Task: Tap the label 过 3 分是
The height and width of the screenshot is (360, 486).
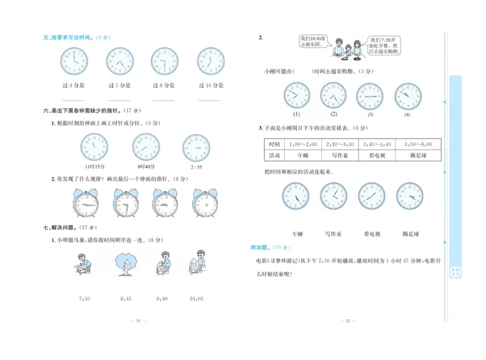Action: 74,85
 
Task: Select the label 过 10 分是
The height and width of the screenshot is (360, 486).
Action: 210,85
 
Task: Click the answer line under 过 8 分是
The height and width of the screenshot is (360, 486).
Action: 163,100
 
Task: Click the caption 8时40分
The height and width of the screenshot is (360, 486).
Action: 146,167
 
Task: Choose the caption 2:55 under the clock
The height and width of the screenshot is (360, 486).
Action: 196,167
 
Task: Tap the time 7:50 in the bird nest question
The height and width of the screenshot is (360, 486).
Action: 84,299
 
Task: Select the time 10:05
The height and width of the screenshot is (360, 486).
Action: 196,299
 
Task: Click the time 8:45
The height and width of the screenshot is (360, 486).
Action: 126,299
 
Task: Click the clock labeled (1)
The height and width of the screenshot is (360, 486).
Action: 296,95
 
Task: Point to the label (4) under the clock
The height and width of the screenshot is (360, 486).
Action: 407,114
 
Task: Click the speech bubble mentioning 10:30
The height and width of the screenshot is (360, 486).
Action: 314,41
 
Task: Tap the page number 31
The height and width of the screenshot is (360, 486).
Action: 138,320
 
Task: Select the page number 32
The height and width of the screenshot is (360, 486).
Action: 348,320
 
